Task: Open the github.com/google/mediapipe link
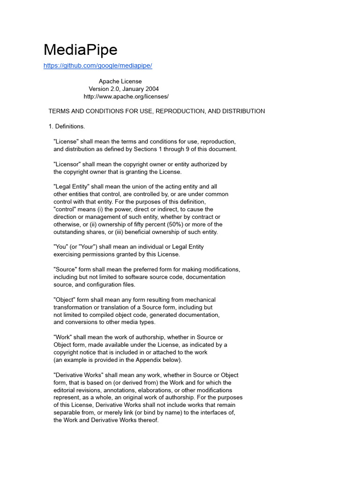97,66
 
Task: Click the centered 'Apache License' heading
120,82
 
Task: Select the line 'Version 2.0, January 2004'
124,89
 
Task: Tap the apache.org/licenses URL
126,97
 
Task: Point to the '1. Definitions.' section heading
67,127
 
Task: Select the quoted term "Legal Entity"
72,187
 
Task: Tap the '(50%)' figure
155,225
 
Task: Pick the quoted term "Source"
65,270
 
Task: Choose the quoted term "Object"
65,300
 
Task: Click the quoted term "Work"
63,337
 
